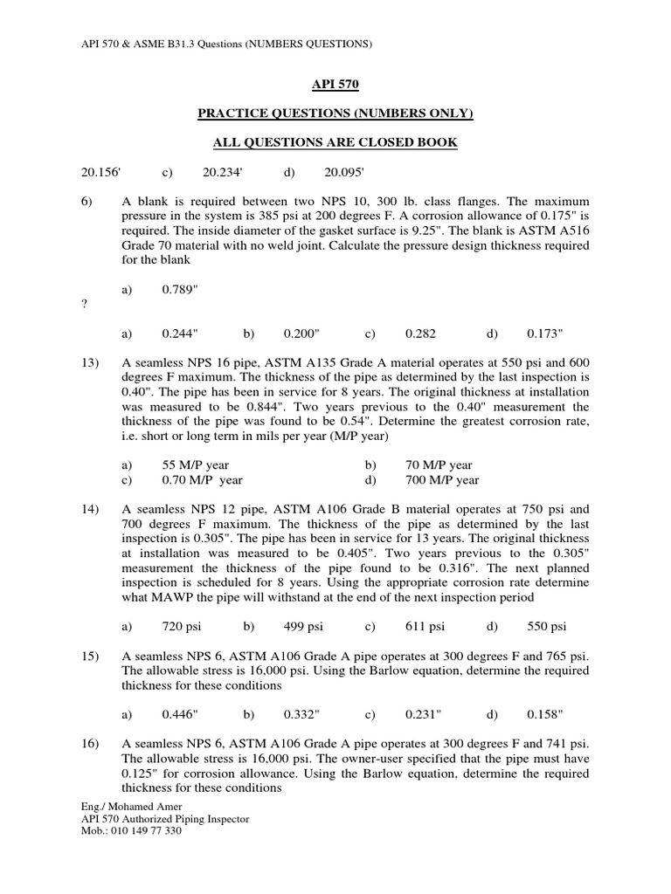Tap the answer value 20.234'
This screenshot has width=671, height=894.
click(x=221, y=173)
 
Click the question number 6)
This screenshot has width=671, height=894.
click(x=86, y=202)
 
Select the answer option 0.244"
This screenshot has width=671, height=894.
click(x=181, y=334)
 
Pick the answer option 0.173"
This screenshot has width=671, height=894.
click(x=545, y=334)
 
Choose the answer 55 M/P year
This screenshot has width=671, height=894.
click(x=196, y=465)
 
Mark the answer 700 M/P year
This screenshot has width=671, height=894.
click(x=442, y=480)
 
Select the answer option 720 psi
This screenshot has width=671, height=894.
click(x=182, y=626)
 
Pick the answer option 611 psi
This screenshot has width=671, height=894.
click(x=425, y=626)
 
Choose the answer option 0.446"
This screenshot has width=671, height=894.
click(x=181, y=713)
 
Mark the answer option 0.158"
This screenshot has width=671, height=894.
click(x=545, y=713)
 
